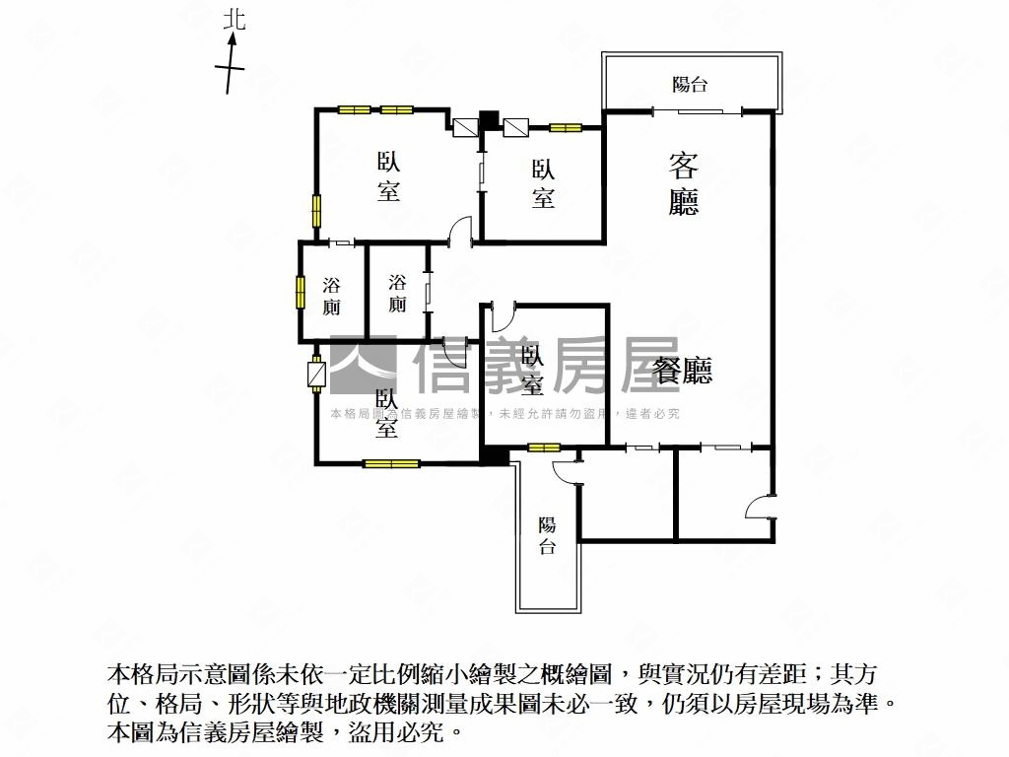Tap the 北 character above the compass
tap(233, 20)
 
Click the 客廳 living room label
tap(684, 184)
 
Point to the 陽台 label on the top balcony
tap(690, 85)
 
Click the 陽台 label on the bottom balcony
tap(547, 536)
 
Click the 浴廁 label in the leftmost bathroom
tap(332, 296)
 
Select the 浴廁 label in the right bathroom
tap(397, 294)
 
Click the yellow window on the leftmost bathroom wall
tap(301, 293)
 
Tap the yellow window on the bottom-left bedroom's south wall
tap(391, 463)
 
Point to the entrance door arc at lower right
tap(759, 507)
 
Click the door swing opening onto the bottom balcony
tap(566, 471)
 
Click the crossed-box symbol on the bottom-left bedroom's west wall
tap(316, 377)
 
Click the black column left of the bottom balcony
tap(494, 455)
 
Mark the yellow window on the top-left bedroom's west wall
tap(317, 211)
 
